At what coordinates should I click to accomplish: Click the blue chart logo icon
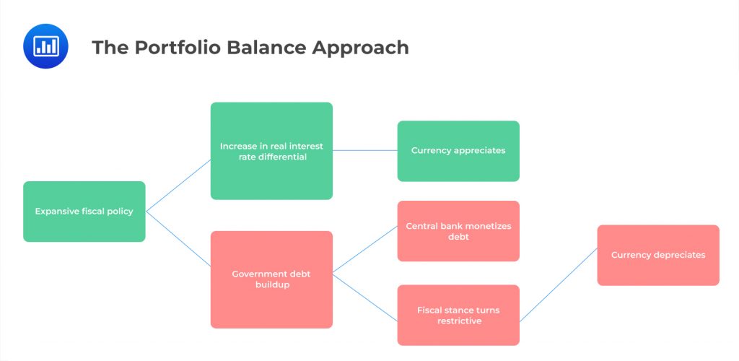click(45, 46)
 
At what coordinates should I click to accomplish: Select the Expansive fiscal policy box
click(84, 212)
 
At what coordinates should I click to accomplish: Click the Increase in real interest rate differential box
click(271, 151)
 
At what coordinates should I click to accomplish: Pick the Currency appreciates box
click(458, 151)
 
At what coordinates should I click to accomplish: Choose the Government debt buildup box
click(271, 279)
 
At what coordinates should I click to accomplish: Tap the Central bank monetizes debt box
click(458, 231)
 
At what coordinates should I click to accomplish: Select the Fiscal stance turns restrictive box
click(458, 315)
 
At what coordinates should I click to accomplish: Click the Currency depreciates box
click(658, 255)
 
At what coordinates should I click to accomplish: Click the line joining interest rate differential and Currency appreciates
click(364, 150)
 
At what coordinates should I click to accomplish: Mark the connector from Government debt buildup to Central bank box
click(364, 249)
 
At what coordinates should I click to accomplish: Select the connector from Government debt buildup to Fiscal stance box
click(364, 297)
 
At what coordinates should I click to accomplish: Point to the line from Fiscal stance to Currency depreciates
click(559, 284)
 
